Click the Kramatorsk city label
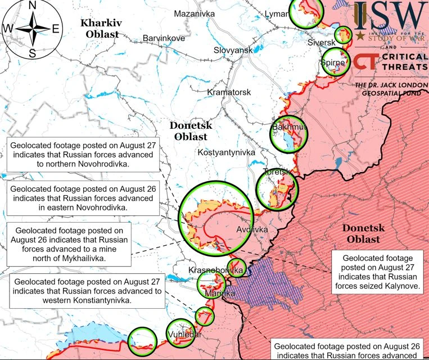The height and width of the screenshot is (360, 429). tap(229, 92)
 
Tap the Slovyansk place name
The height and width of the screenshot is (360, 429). tap(233, 50)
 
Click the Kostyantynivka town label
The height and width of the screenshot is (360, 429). tap(227, 152)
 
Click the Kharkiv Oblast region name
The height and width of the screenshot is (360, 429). tap(102, 29)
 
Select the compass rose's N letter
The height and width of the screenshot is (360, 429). tap(32, 5)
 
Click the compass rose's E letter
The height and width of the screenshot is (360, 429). tap(55, 29)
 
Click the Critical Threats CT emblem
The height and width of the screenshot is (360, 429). tap(366, 62)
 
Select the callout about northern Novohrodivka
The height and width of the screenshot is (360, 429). tap(83, 155)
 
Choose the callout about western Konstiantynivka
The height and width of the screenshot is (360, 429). tap(87, 290)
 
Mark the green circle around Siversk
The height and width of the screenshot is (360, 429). tap(342, 35)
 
